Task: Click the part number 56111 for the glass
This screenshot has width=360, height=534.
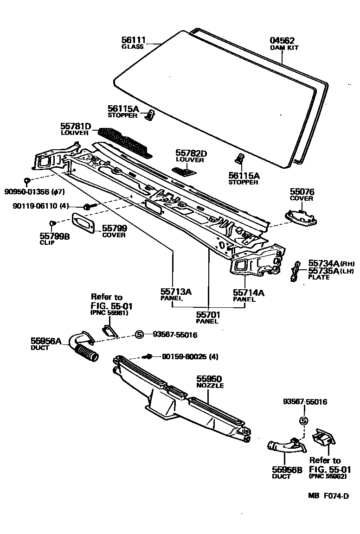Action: tap(133, 40)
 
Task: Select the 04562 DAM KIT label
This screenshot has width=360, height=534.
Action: tap(283, 41)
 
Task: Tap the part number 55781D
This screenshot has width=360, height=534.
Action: tap(75, 126)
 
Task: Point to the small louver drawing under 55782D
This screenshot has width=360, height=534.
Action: tap(185, 171)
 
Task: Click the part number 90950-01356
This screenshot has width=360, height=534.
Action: tap(27, 191)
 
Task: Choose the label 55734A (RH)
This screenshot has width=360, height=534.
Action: tap(325, 263)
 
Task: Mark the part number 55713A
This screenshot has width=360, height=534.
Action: tap(176, 292)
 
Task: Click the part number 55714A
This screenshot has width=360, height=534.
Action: tap(248, 292)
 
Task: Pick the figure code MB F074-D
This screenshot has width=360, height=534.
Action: tap(328, 495)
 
